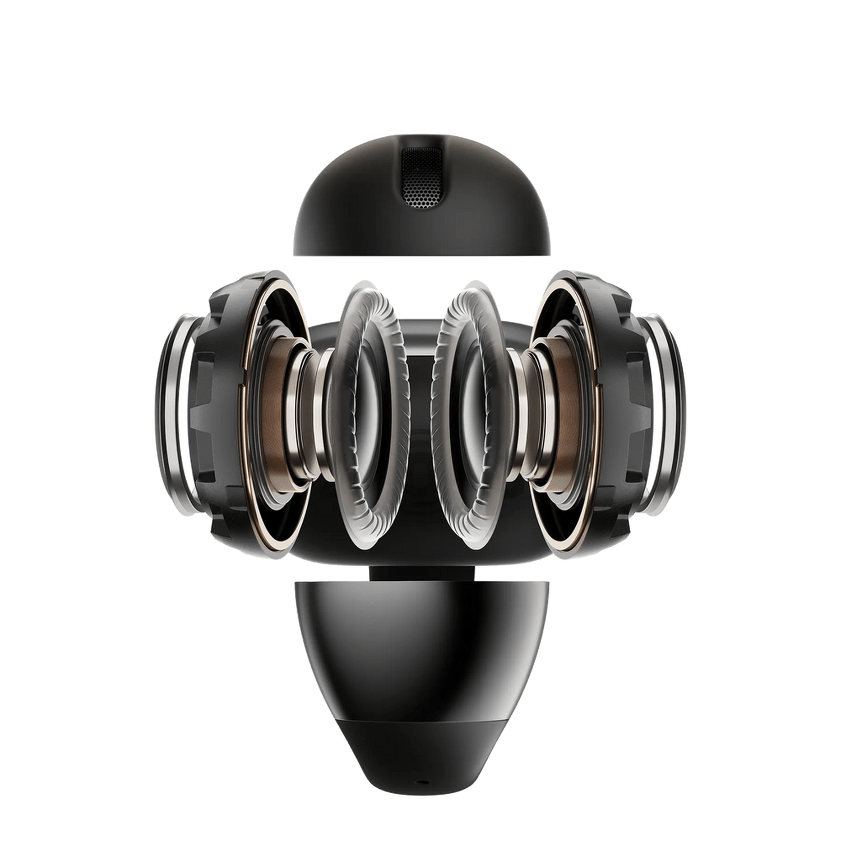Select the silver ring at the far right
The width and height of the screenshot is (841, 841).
pos(670,415)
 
